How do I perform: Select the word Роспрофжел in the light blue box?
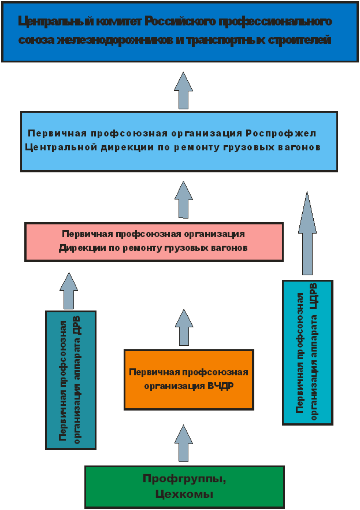coord(281,134)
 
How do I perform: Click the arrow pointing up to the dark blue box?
coord(184,90)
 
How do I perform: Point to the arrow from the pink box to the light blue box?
coord(184,199)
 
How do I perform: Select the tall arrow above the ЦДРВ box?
coord(307,233)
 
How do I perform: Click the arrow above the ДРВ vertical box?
coord(69,290)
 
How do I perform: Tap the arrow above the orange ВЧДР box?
coord(184,327)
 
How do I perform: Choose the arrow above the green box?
coord(184,443)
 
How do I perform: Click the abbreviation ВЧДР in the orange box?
coord(220,386)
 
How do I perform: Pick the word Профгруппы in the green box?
coord(184,479)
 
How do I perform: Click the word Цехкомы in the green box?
coord(184,494)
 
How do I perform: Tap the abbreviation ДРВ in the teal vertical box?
coord(77,326)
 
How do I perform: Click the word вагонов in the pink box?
coord(229,248)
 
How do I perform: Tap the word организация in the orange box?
coord(175,386)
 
